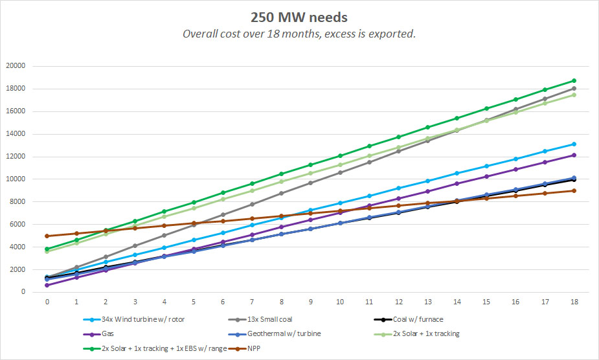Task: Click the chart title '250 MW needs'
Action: (299, 16)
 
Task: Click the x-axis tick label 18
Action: (574, 302)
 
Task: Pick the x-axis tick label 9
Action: (310, 302)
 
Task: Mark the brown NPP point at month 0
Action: (47, 236)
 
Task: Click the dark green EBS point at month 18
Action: (574, 81)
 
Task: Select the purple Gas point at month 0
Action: (47, 285)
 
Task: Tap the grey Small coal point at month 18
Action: (574, 89)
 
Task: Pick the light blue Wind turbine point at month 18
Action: (574, 144)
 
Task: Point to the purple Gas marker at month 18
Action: (574, 155)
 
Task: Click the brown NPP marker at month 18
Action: (574, 190)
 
